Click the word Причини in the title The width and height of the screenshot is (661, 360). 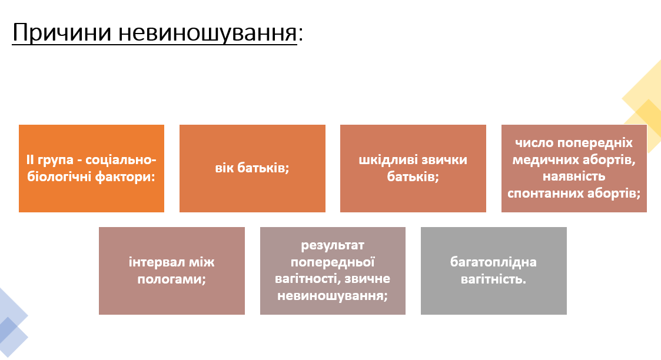pos(62,33)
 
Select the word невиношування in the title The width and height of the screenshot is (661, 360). pos(208,33)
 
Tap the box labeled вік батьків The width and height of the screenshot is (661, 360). pos(252,168)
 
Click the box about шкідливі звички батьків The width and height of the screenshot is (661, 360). pos(413,168)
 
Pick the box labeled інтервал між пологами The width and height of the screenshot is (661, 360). pos(171,271)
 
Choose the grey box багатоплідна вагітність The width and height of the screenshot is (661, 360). pos(493,271)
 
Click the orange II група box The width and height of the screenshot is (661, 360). pos(91,168)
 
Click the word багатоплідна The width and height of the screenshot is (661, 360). pos(493,262)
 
